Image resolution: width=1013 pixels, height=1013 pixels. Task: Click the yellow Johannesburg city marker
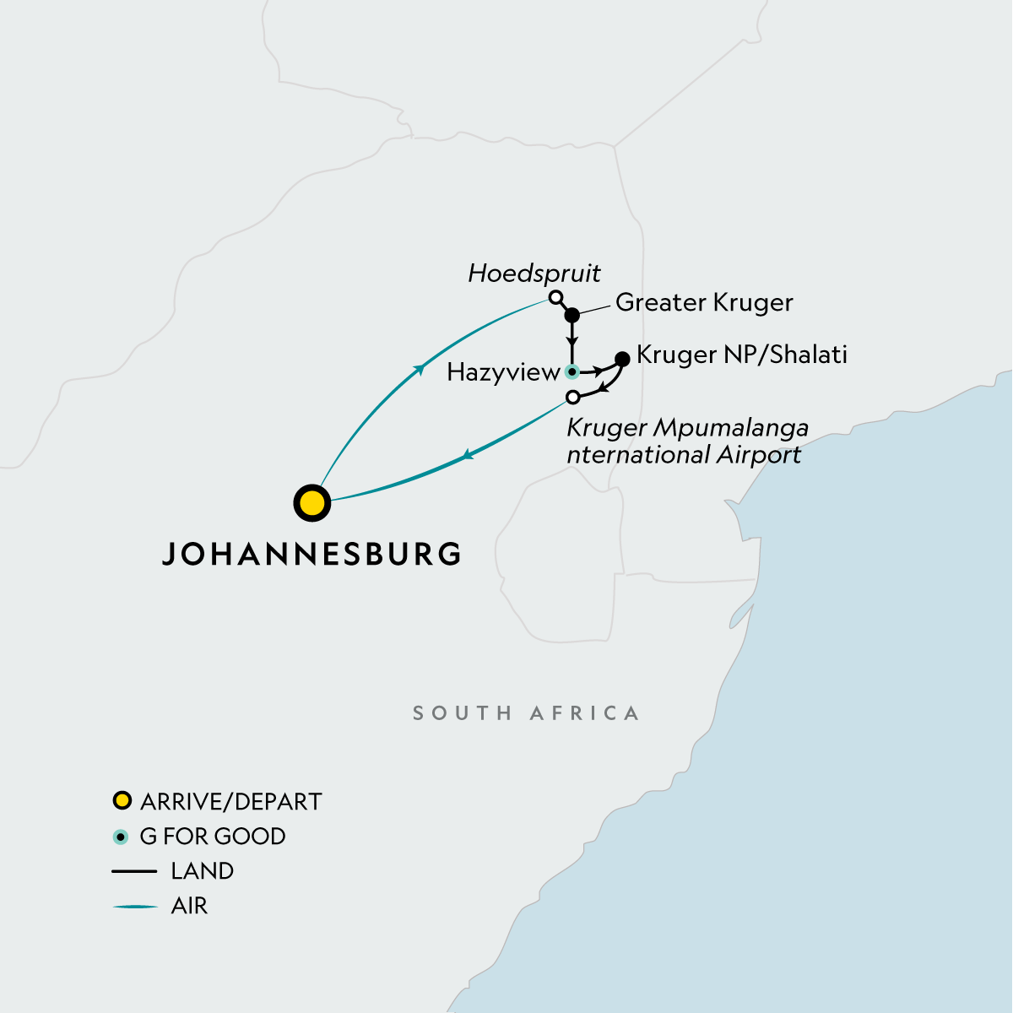pos(311,503)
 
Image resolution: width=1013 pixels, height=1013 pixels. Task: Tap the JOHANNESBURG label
pos(311,554)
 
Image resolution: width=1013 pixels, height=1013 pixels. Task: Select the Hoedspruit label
pos(534,274)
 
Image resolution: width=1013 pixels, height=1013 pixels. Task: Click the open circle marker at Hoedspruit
pos(555,297)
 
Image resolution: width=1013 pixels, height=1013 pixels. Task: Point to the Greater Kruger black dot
pos(572,316)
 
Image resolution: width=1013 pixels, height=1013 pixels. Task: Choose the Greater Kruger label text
pos(704,302)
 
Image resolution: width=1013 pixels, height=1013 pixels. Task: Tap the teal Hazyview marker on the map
pos(572,371)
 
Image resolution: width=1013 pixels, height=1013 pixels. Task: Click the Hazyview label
pos(503,372)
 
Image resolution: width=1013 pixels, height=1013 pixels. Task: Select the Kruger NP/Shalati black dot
pos(623,359)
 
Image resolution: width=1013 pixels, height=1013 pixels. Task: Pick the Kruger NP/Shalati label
pos(741,355)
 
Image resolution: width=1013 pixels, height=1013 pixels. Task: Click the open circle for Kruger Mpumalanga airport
pos(573,397)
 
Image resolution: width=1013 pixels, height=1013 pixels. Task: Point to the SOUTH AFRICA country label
pos(526,713)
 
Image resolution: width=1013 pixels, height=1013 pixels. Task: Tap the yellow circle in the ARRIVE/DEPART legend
pos(122,800)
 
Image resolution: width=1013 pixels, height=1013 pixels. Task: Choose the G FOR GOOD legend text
pos(213,837)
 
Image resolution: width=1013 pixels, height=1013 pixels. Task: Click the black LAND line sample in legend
pos(135,871)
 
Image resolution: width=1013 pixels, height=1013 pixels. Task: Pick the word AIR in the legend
pos(189,906)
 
